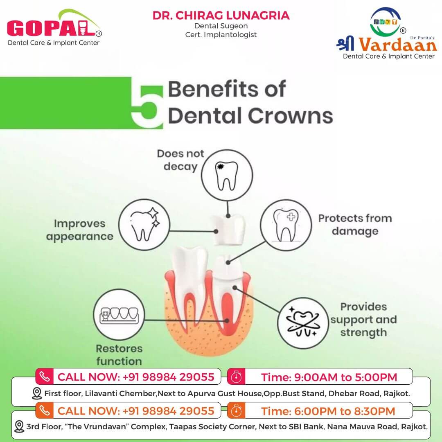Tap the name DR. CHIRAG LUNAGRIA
pyautogui.click(x=221, y=16)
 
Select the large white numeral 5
pyautogui.click(x=147, y=106)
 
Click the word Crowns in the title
pyautogui.click(x=290, y=116)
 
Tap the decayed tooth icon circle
pyautogui.click(x=227, y=175)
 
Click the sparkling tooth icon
pyautogui.click(x=144, y=225)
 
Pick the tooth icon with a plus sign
pyautogui.click(x=286, y=225)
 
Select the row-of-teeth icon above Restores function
pyautogui.click(x=119, y=315)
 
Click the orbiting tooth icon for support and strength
pyautogui.click(x=303, y=323)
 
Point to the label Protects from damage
pyautogui.click(x=355, y=225)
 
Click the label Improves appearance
pyautogui.click(x=80, y=230)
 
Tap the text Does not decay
pyautogui.click(x=180, y=160)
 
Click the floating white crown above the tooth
pyautogui.click(x=229, y=230)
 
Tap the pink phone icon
pyautogui.click(x=44, y=377)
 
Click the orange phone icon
pyautogui.click(x=44, y=410)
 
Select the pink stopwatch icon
pyautogui.click(x=236, y=377)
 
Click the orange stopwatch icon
pyautogui.click(x=236, y=411)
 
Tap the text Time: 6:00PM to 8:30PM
pyautogui.click(x=328, y=411)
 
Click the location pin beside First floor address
pyautogui.click(x=37, y=393)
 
